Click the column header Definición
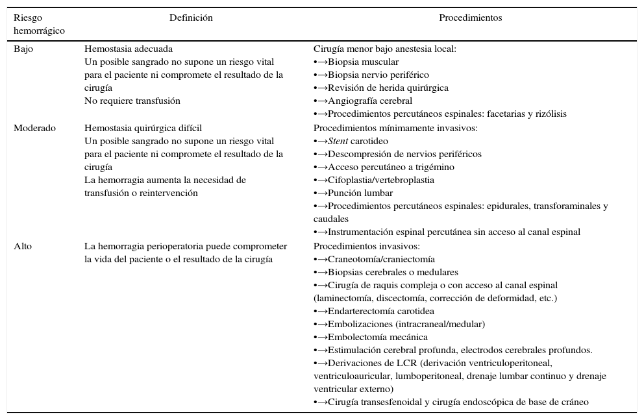pyautogui.click(x=191, y=18)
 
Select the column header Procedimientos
pyautogui.click(x=470, y=18)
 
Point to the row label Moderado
pyautogui.click(x=34, y=128)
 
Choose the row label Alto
pyautogui.click(x=23, y=246)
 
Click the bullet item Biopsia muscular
pyautogui.click(x=363, y=62)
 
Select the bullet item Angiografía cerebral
pyautogui.click(x=369, y=101)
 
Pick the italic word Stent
pyautogui.click(x=338, y=141)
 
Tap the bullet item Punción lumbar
pyautogui.click(x=360, y=193)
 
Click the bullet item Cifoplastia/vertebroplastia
pyautogui.click(x=380, y=180)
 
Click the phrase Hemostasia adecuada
pyautogui.click(x=129, y=49)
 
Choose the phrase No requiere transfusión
pyautogui.click(x=132, y=101)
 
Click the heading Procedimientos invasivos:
pyautogui.click(x=367, y=246)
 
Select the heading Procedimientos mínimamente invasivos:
pyautogui.click(x=395, y=128)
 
